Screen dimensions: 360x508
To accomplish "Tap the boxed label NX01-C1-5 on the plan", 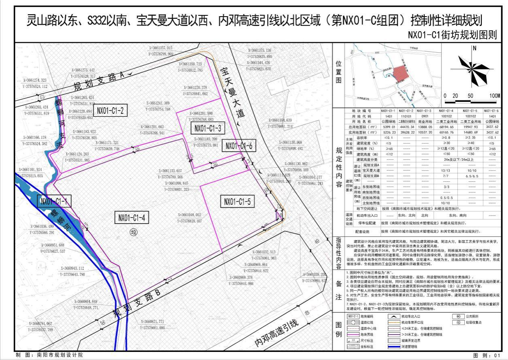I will (238, 200).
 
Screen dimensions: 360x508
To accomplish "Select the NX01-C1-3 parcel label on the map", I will (208, 128).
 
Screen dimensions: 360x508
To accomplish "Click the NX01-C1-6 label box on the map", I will (239, 146).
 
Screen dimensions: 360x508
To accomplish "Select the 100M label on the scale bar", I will (494, 96).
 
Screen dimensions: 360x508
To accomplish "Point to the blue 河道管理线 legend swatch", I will (353, 347).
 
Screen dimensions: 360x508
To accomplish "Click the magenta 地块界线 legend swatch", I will (353, 334).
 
